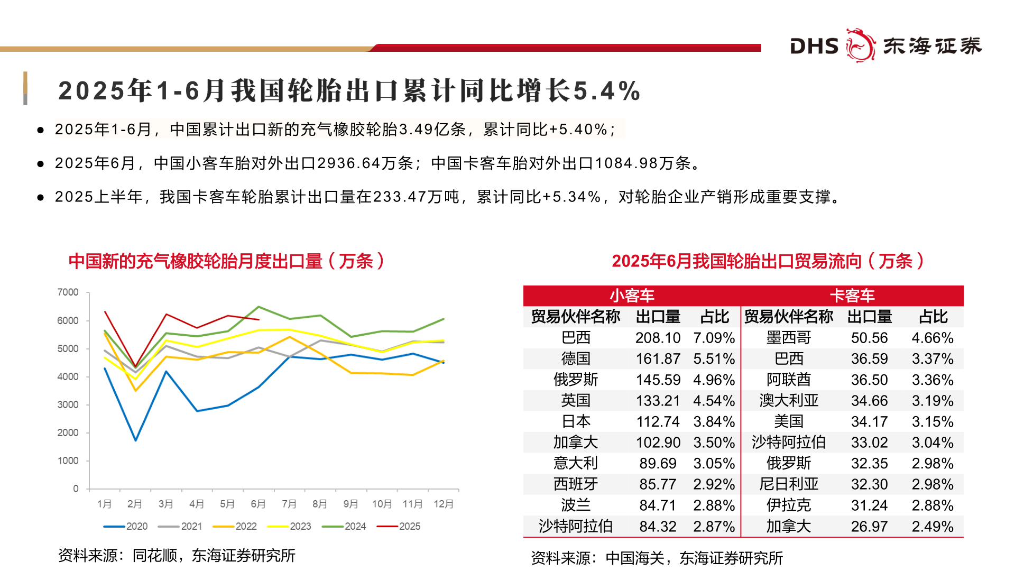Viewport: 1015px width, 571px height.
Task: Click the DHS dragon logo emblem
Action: click(x=860, y=45)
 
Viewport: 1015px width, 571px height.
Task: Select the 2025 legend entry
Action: click(x=399, y=526)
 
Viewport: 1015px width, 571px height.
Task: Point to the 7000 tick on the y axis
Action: click(x=68, y=292)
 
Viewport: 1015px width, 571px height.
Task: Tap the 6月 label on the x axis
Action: click(x=258, y=504)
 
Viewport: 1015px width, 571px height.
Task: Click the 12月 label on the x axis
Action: click(x=444, y=504)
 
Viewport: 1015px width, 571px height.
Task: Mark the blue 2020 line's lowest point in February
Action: click(x=136, y=440)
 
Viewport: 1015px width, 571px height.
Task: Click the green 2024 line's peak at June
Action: click(x=259, y=307)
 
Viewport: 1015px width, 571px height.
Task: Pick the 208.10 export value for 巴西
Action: click(x=658, y=338)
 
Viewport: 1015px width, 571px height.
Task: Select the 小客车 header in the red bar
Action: click(x=632, y=296)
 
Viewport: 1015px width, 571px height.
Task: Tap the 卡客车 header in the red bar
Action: click(x=852, y=296)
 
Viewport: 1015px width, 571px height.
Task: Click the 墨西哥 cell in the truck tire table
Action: click(x=788, y=338)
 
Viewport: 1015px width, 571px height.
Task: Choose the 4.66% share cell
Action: click(x=932, y=338)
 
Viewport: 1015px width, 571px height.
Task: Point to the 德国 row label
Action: click(x=575, y=358)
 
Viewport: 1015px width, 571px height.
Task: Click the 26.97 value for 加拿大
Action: click(x=869, y=527)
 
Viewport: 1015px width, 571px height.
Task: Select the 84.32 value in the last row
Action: click(x=658, y=527)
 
